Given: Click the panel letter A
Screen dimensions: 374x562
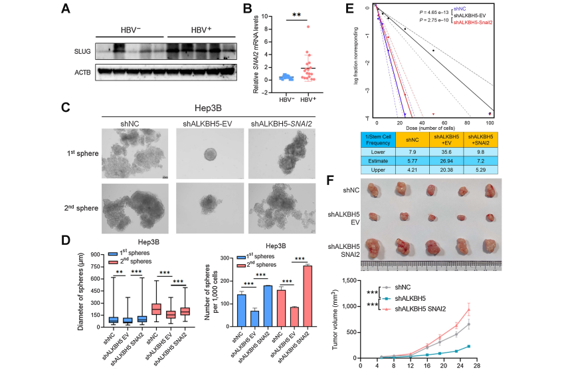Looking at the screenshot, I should (65, 9).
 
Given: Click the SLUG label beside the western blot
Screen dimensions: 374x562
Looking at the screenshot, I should (84, 51).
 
